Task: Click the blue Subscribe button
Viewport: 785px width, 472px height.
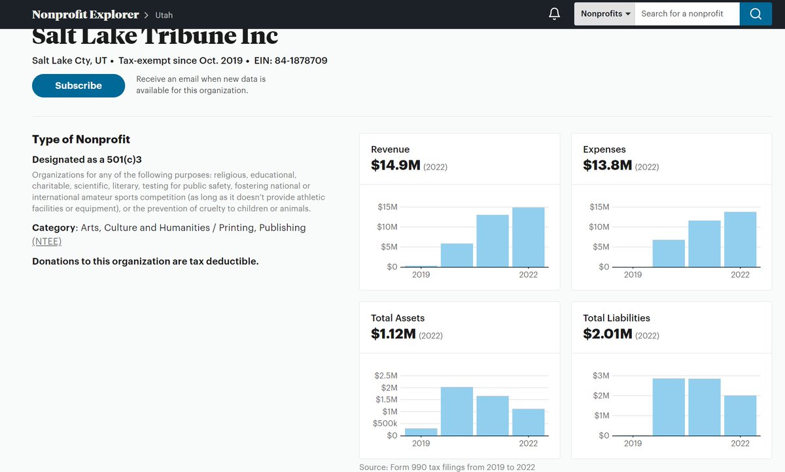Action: (x=78, y=86)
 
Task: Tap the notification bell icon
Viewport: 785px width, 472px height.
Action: (x=554, y=14)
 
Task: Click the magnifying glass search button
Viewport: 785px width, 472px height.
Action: (x=756, y=14)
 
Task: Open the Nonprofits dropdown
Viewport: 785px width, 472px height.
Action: (x=605, y=14)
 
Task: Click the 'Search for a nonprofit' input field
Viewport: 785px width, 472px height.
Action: (x=687, y=14)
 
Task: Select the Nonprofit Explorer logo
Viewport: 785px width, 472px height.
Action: (x=85, y=14)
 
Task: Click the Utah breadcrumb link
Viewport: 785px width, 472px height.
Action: (x=164, y=15)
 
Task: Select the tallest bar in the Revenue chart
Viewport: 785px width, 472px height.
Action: (x=529, y=237)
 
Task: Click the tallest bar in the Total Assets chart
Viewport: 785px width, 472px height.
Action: (x=457, y=411)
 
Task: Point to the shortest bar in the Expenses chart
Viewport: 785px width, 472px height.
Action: (x=669, y=253)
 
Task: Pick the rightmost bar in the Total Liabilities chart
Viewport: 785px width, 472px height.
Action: (x=740, y=415)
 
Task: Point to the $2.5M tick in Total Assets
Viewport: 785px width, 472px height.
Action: (x=385, y=376)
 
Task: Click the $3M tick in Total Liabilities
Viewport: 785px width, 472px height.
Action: (x=601, y=376)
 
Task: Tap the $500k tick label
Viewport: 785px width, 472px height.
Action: (x=385, y=424)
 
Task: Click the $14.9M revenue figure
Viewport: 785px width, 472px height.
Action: (x=395, y=166)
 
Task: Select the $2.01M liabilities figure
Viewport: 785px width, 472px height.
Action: (x=607, y=335)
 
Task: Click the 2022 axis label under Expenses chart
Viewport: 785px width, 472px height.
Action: (x=740, y=275)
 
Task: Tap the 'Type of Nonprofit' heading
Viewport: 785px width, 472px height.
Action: (x=81, y=139)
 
